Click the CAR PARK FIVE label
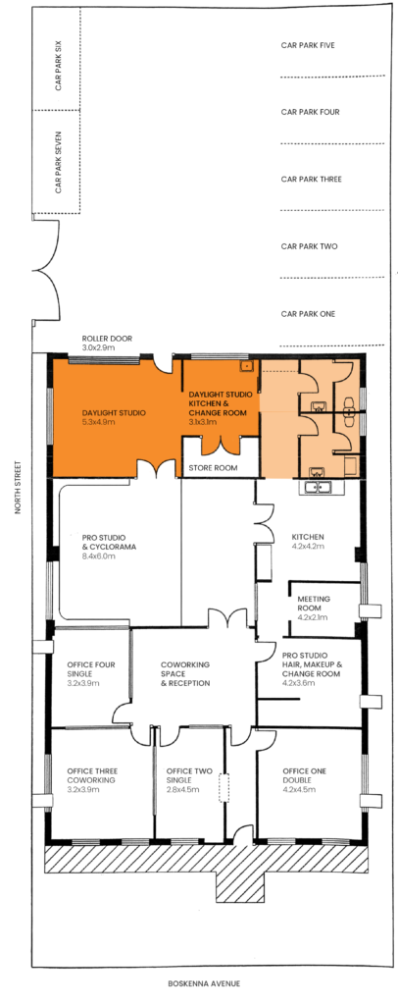coord(308,45)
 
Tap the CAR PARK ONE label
coord(308,314)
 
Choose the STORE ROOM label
coord(213,468)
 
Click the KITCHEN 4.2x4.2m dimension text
coord(308,546)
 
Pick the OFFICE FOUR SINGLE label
coord(91,669)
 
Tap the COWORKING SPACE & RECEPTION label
coord(185,673)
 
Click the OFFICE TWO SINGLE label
coord(185,775)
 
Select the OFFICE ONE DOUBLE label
coord(305,775)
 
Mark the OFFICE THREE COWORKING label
coord(91,775)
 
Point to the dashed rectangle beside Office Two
coord(224,788)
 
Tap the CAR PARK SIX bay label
coord(58,67)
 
